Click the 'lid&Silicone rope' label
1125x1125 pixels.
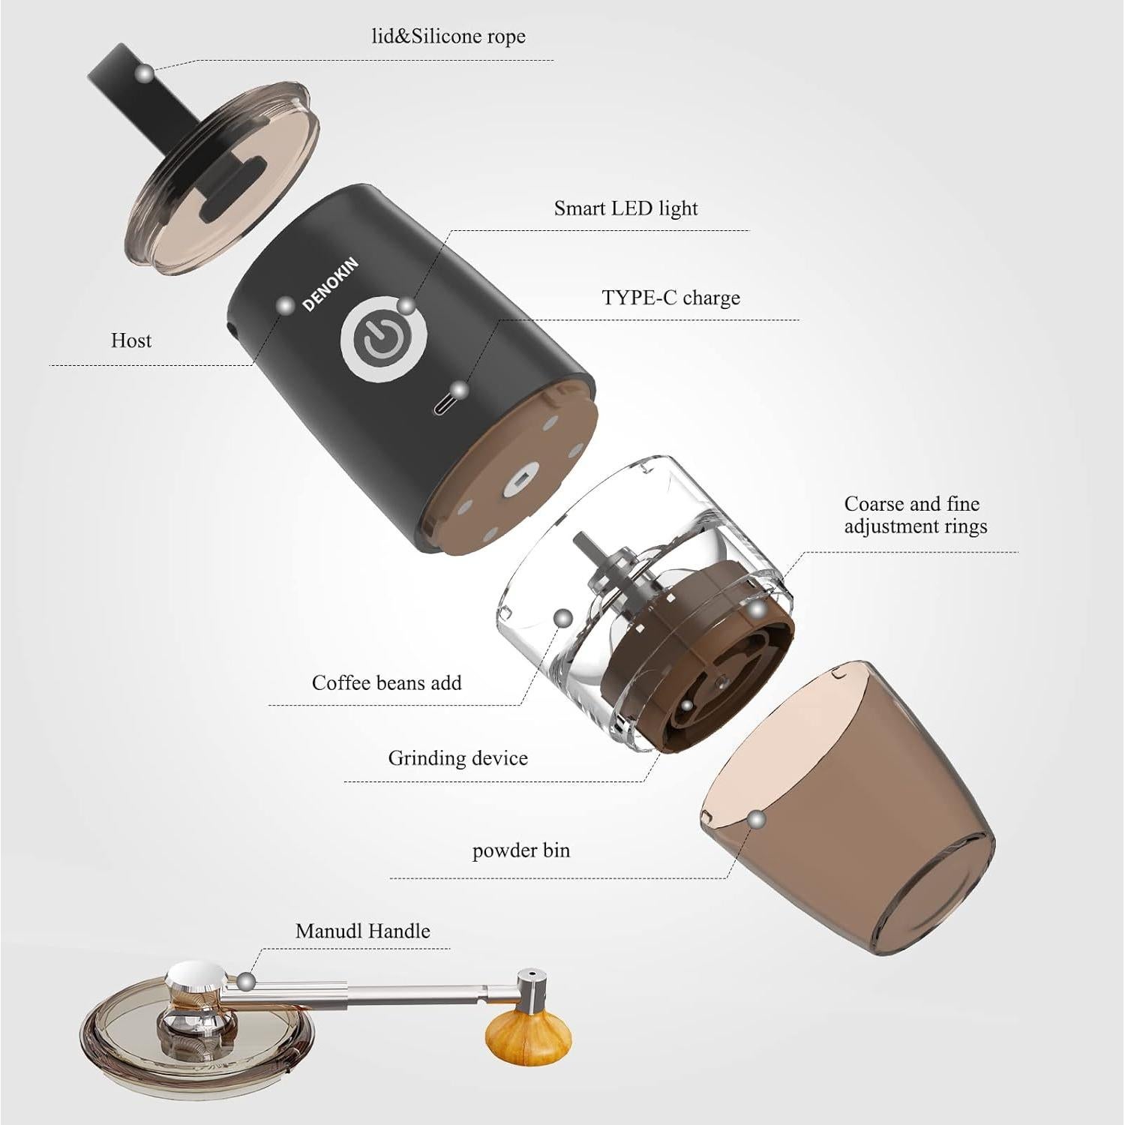click(448, 37)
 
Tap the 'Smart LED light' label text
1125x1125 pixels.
click(625, 208)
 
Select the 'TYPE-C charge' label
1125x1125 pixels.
click(670, 298)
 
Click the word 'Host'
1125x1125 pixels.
click(131, 340)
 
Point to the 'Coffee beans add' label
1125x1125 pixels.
click(386, 683)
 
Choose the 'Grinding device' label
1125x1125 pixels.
click(457, 758)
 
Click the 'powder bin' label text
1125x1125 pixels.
click(520, 850)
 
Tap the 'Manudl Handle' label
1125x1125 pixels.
click(363, 931)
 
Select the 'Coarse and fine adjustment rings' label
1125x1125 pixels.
click(915, 515)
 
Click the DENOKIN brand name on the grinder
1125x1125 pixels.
click(330, 284)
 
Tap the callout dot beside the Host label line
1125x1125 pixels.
click(285, 305)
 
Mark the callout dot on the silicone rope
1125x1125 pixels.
click(144, 73)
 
